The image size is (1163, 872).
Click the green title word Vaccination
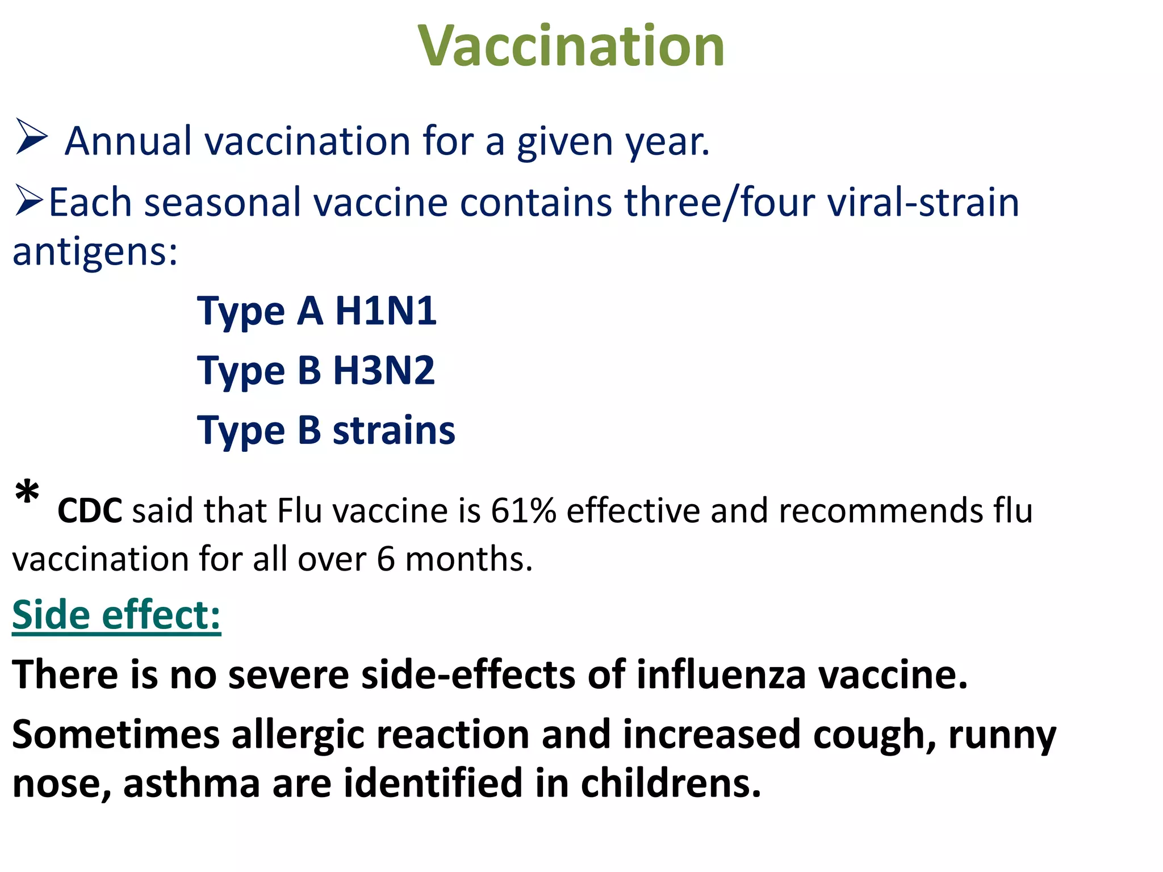click(x=571, y=46)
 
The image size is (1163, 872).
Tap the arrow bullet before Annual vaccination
click(x=31, y=137)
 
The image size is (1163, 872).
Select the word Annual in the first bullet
click(x=128, y=141)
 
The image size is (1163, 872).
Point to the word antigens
click(x=95, y=251)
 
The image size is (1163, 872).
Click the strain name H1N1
click(x=386, y=311)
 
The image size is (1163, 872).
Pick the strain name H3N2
click(x=384, y=370)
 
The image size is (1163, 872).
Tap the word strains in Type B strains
click(x=394, y=430)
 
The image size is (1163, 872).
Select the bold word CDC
click(x=90, y=510)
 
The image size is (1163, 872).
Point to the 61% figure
click(x=524, y=510)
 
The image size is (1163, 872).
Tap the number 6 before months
click(x=386, y=559)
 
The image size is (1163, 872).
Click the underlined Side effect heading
click(x=116, y=615)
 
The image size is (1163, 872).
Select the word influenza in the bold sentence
click(x=721, y=675)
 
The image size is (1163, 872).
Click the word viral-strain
click(x=923, y=202)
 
